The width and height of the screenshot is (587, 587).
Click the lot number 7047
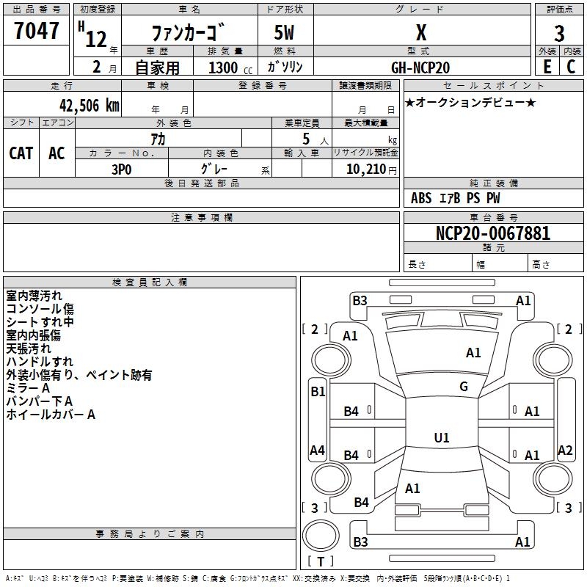pyautogui.click(x=37, y=32)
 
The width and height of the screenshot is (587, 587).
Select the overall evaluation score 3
pyautogui.click(x=559, y=34)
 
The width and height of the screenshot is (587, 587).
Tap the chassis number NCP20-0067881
pyautogui.click(x=493, y=233)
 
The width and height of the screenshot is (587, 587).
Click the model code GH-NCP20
pyautogui.click(x=420, y=67)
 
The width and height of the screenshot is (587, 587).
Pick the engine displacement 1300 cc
pyautogui.click(x=227, y=68)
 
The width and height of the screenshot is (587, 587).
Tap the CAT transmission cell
pyautogui.click(x=21, y=153)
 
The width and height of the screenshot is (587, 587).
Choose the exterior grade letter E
pyautogui.click(x=547, y=66)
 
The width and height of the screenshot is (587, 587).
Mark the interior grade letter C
pyautogui.click(x=571, y=66)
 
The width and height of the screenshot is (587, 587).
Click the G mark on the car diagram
pyautogui.click(x=464, y=387)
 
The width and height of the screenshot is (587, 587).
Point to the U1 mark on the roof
pyautogui.click(x=442, y=437)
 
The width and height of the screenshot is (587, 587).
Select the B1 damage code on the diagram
pyautogui.click(x=318, y=392)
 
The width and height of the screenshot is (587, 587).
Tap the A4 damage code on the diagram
pyautogui.click(x=317, y=451)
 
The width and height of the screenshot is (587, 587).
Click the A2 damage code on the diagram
pyautogui.click(x=565, y=451)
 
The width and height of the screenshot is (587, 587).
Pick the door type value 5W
pyautogui.click(x=285, y=34)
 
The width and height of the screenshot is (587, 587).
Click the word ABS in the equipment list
pyautogui.click(x=421, y=198)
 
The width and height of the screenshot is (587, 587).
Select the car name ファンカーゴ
pyautogui.click(x=188, y=34)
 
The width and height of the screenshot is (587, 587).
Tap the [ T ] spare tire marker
pyautogui.click(x=321, y=561)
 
